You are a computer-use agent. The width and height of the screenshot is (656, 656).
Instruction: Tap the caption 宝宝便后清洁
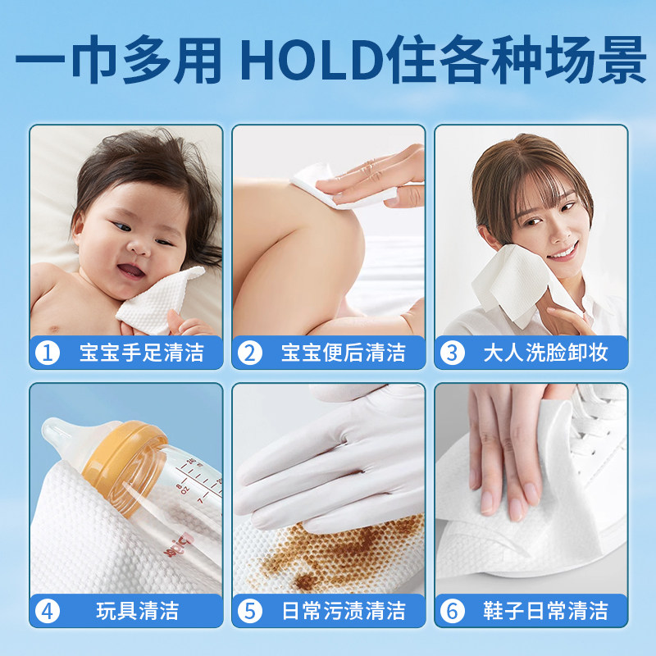pyautogui.click(x=343, y=353)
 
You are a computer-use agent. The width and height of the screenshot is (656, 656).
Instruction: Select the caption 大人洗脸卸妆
pyautogui.click(x=545, y=353)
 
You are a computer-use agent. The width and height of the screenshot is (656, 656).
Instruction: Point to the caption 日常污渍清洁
pyautogui.click(x=343, y=611)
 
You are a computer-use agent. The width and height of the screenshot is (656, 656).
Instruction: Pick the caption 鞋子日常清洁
pyautogui.click(x=545, y=611)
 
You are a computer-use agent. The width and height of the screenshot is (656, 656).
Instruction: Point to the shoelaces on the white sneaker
pyautogui.click(x=594, y=426)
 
